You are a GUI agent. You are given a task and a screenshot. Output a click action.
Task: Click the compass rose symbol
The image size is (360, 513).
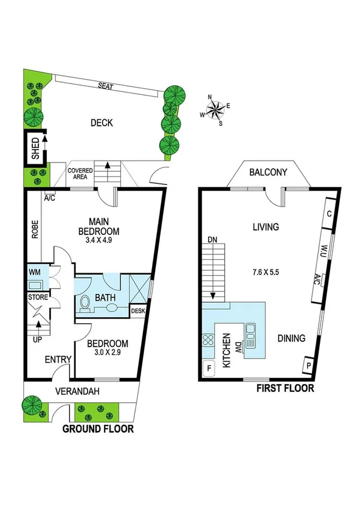(x=215, y=110)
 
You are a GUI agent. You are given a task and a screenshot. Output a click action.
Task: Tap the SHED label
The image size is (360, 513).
(x=35, y=147)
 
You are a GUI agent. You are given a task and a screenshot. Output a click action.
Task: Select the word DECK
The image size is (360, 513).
(x=102, y=123)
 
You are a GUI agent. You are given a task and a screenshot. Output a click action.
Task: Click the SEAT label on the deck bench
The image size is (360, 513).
(x=106, y=86)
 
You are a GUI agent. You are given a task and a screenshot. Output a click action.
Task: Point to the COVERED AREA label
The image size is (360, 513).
(x=80, y=174)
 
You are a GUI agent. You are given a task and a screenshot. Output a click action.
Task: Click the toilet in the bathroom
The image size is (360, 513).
(x=85, y=300)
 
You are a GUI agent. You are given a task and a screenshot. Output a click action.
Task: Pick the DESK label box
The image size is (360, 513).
(x=139, y=312)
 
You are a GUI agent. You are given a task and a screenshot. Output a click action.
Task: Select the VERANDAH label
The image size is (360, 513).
(x=77, y=391)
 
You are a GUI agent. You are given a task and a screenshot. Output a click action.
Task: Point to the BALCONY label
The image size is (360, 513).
(x=268, y=173)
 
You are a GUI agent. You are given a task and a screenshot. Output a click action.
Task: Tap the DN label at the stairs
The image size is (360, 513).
(x=212, y=239)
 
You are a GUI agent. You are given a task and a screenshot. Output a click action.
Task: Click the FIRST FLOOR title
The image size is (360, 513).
(x=285, y=388)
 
